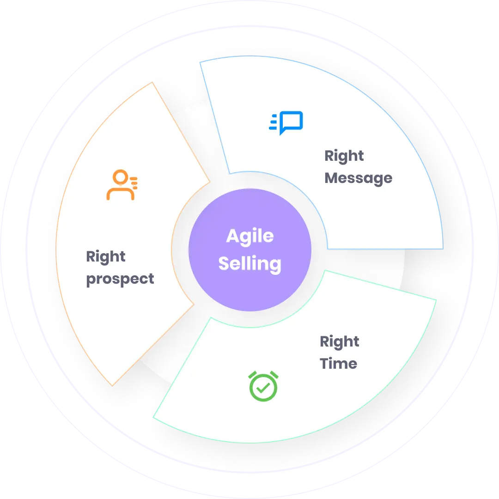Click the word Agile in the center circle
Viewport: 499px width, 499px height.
tap(249, 237)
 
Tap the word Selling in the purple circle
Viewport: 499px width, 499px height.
tap(249, 264)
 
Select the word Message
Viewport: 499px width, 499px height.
tap(358, 178)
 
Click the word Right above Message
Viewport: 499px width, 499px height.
tap(344, 156)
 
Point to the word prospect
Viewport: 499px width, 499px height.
tap(120, 279)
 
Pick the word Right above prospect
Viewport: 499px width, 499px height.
tap(106, 256)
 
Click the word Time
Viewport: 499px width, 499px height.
tap(338, 364)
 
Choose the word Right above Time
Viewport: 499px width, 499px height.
tap(339, 342)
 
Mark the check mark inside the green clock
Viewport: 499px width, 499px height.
tap(263, 389)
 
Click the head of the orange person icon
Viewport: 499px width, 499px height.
tap(120, 178)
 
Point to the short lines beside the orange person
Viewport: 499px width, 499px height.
tap(134, 182)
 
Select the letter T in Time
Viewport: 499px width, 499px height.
tap(325, 364)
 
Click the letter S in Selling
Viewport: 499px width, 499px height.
tap(224, 264)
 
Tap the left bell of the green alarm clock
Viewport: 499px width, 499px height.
tap(252, 375)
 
